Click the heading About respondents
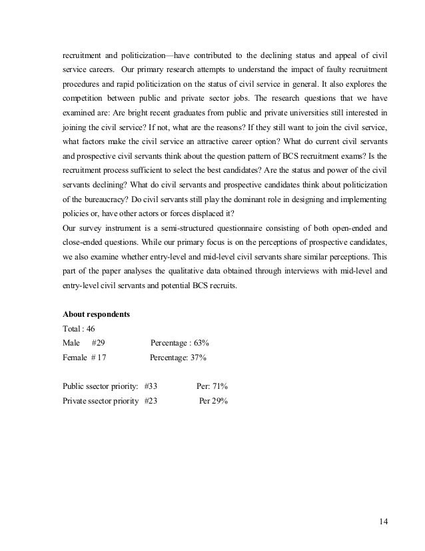coord(95,314)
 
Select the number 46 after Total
coord(91,328)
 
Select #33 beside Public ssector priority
coord(151,386)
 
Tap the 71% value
coord(220,386)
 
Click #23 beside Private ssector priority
coord(151,401)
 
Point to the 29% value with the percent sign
coord(220,401)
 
